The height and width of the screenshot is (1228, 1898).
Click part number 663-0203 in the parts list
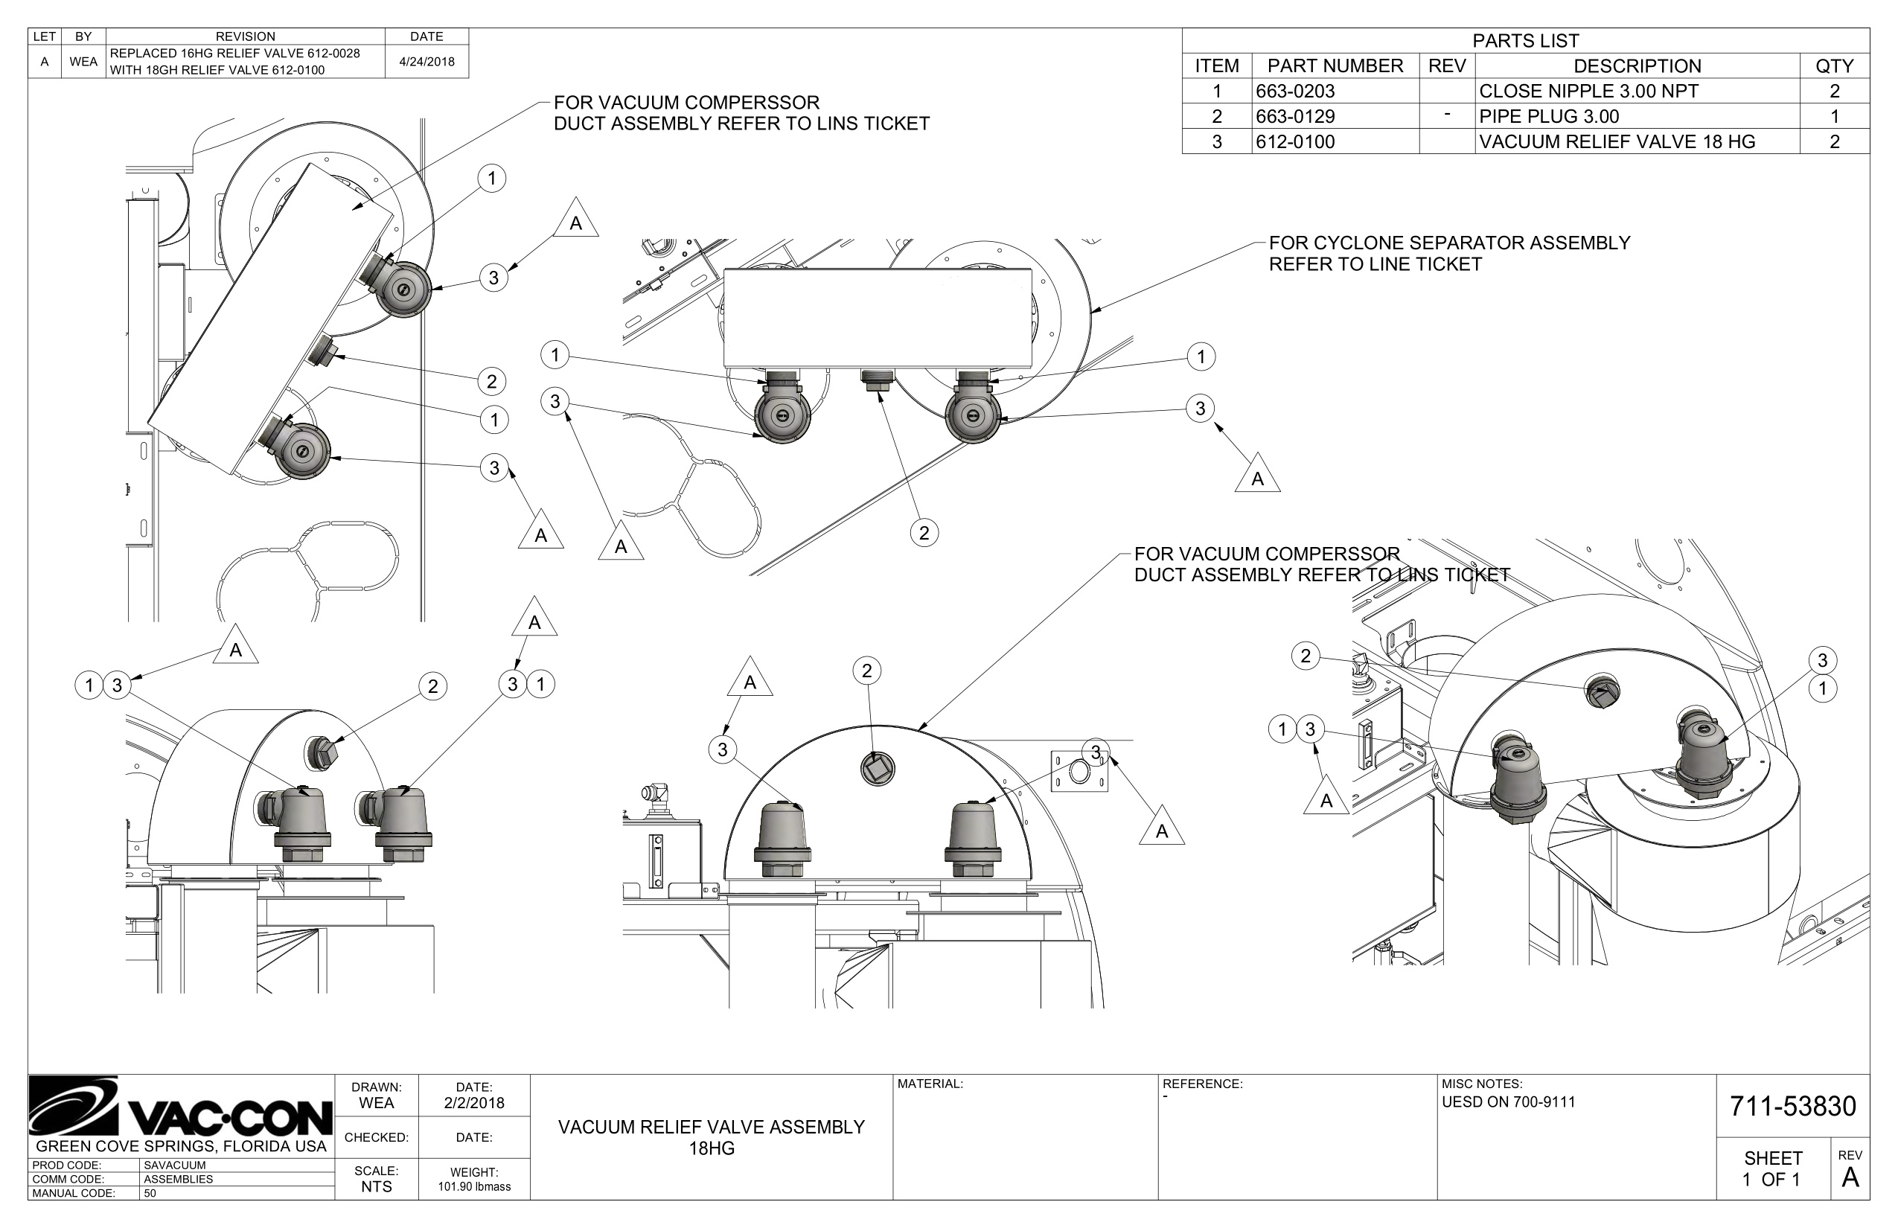tap(1295, 91)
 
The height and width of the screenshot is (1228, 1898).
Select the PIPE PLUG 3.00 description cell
tap(1549, 116)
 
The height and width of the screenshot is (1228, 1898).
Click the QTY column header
tap(1833, 66)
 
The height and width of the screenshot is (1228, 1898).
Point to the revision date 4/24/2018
tap(426, 61)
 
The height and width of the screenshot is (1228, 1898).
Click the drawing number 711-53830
tap(1792, 1106)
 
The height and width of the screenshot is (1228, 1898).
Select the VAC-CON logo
tap(180, 1107)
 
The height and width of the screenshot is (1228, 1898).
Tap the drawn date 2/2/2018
tap(473, 1103)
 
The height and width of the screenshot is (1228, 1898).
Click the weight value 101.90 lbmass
tap(473, 1186)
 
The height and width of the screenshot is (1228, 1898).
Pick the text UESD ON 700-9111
tap(1508, 1102)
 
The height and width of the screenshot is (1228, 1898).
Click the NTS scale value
tap(376, 1186)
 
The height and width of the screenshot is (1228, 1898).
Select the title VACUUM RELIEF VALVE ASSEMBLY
tap(711, 1127)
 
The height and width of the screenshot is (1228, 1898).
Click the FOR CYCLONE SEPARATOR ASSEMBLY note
tap(1449, 243)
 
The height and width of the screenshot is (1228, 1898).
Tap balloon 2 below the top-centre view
tap(924, 533)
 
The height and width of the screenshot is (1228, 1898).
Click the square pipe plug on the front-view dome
tap(878, 769)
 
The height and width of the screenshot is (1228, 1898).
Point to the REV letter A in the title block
tap(1850, 1177)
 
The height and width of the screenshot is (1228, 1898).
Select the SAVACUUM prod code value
tap(175, 1165)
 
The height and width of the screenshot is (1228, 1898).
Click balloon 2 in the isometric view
tap(1305, 656)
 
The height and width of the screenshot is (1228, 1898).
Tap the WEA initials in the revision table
tap(83, 61)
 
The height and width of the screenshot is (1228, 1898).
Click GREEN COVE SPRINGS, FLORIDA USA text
tap(181, 1147)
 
